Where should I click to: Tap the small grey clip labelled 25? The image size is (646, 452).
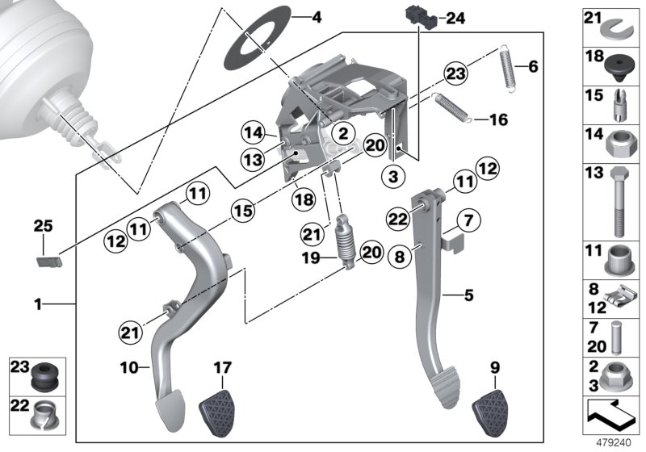50,260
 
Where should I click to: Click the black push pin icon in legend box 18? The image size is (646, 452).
616,66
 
